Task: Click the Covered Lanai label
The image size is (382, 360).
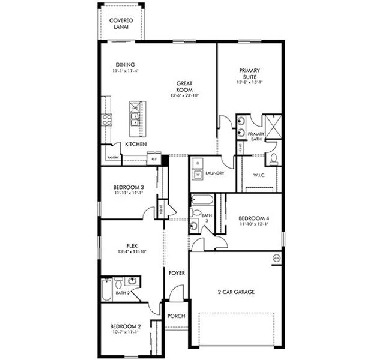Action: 121,23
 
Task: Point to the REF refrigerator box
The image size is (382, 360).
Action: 154,160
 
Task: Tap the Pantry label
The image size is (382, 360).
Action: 112,158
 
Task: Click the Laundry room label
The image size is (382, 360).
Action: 214,173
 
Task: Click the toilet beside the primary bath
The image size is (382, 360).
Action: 273,158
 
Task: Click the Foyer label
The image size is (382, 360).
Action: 177,273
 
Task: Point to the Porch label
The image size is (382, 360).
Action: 176,316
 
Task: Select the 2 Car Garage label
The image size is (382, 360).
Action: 236,292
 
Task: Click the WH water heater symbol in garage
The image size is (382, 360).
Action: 276,258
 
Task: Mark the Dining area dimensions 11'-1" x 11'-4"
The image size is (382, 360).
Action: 126,71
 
